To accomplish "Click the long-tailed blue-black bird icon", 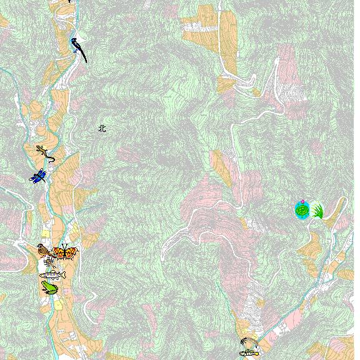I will click(x=78, y=48).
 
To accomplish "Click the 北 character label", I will click(x=102, y=129).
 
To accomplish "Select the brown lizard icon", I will click(x=46, y=152).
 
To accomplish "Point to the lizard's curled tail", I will click(x=51, y=159).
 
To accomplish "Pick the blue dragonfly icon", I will click(x=38, y=176).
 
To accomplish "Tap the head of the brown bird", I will click(x=41, y=247).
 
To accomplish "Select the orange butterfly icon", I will click(x=65, y=252).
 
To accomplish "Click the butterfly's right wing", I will click(x=72, y=253).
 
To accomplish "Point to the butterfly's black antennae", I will click(x=65, y=246).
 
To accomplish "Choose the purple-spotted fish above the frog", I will click(x=52, y=274).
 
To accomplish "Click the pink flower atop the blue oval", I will click(x=302, y=202).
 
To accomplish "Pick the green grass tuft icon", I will click(x=317, y=211).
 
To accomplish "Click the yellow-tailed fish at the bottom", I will click(x=249, y=353).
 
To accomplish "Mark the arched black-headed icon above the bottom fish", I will click(x=247, y=343).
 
